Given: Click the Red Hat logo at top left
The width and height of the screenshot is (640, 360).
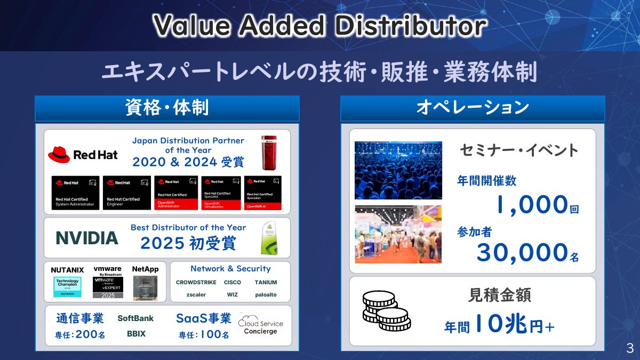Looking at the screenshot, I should click(x=83, y=155).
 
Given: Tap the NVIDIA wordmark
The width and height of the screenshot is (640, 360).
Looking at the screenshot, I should click(x=87, y=238).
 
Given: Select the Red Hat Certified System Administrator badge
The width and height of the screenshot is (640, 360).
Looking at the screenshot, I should click(x=75, y=193).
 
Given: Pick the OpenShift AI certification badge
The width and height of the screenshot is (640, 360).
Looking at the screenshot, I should click(x=263, y=193).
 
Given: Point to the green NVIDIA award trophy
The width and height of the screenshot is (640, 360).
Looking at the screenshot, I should click(x=269, y=238).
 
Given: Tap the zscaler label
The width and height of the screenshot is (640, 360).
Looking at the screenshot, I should click(x=196, y=294).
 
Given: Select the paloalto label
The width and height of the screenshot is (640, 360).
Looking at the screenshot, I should click(x=266, y=294).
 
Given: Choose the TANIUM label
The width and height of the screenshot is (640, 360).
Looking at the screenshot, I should click(x=266, y=282).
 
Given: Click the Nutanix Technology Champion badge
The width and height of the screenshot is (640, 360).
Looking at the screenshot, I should click(x=67, y=286).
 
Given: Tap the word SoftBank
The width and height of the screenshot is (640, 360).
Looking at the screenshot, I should click(x=135, y=318).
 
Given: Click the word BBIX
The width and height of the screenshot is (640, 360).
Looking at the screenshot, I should click(x=136, y=334).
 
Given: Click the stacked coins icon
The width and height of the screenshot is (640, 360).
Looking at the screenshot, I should click(x=385, y=310).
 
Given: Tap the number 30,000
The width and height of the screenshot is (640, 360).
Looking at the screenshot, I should click(x=522, y=253).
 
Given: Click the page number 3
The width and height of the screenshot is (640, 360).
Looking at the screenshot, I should click(x=630, y=349).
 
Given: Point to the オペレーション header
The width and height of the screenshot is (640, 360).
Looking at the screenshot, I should click(x=473, y=108).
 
